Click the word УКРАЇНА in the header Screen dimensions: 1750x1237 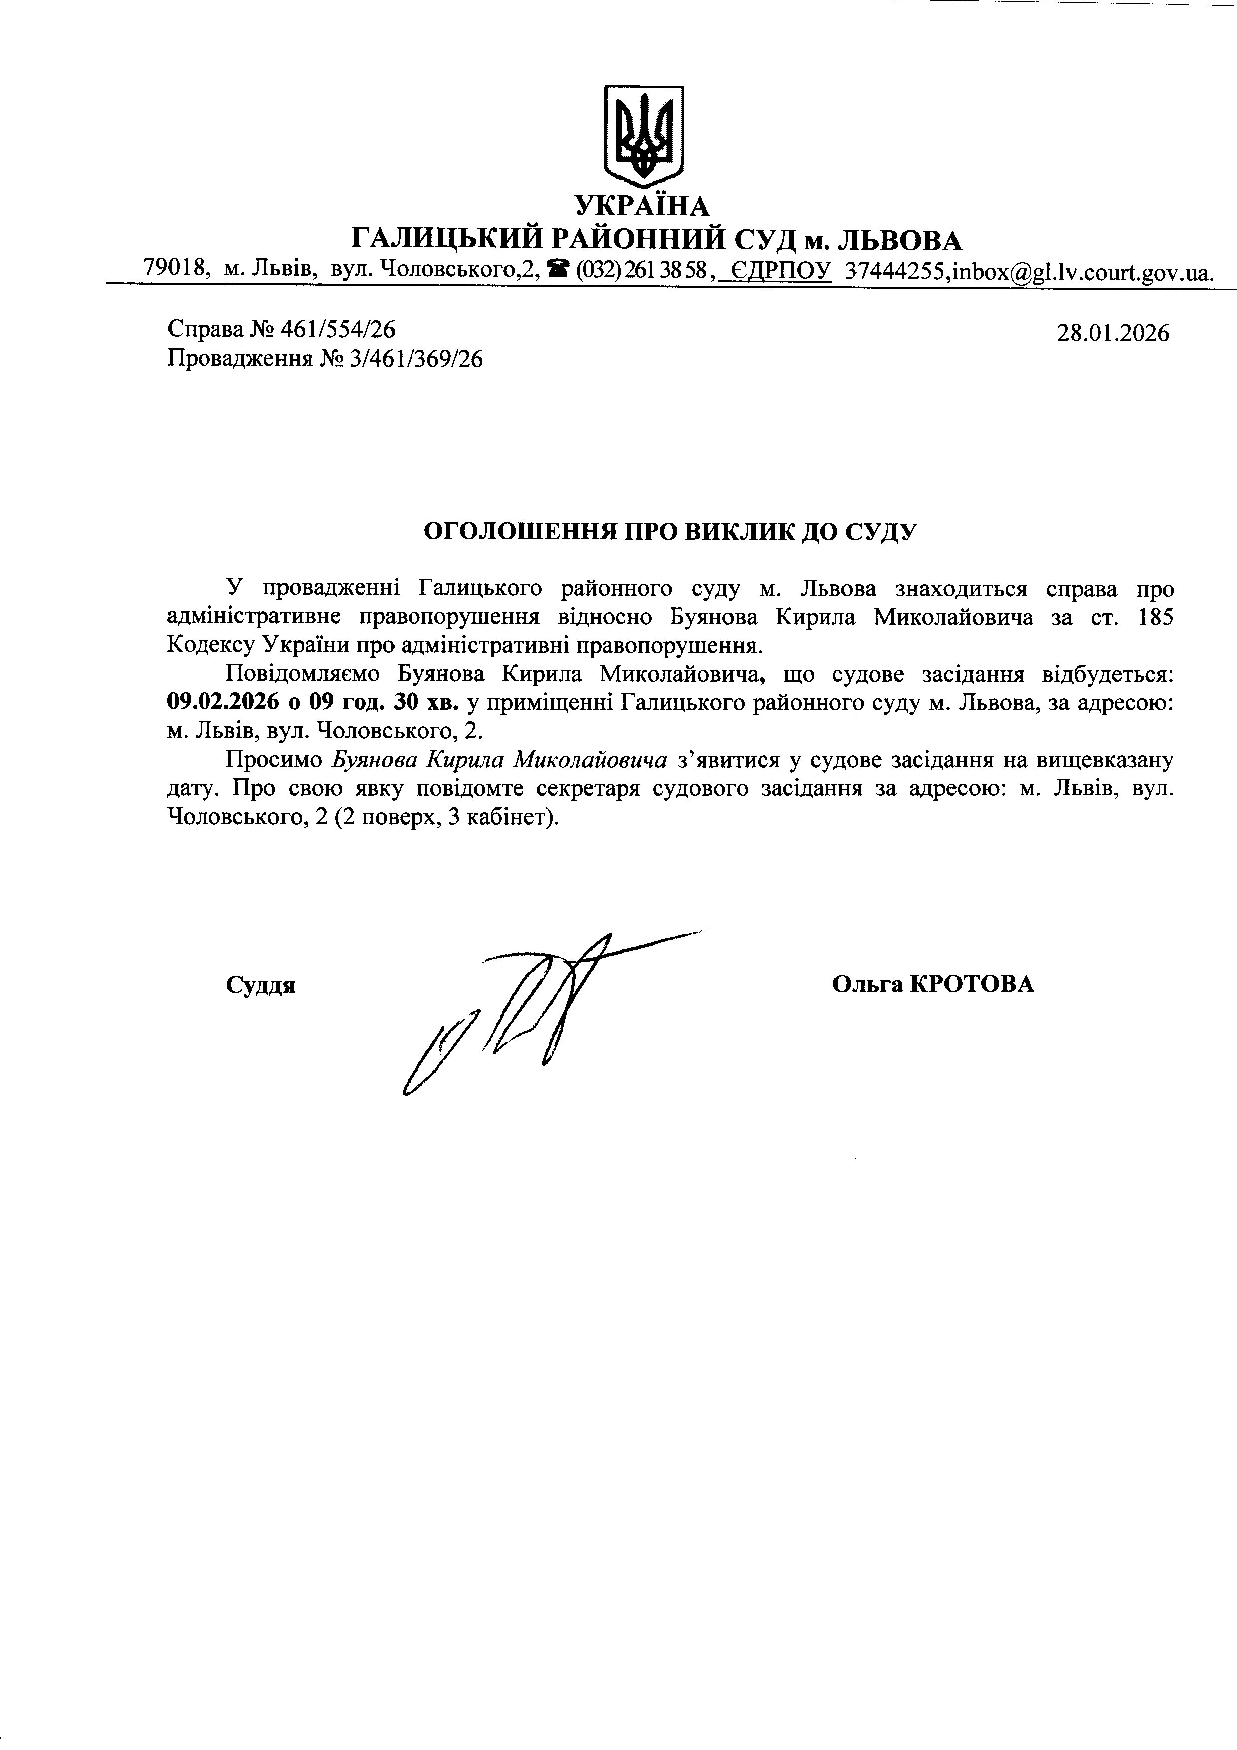642,205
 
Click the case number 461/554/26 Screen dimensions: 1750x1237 338,329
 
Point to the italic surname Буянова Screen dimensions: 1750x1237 376,760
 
